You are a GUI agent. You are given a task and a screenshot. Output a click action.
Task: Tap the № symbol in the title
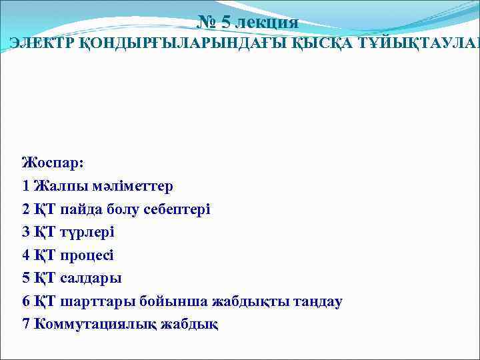tap(207, 23)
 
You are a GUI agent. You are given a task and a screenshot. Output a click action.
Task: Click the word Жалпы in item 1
tap(57, 185)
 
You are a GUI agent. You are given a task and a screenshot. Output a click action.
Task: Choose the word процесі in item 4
tap(87, 255)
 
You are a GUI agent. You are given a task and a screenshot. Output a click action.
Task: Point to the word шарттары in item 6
tap(97, 301)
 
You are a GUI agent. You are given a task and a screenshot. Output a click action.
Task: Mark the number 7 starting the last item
tap(26, 324)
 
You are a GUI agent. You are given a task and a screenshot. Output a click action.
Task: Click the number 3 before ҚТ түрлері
tap(26, 231)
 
